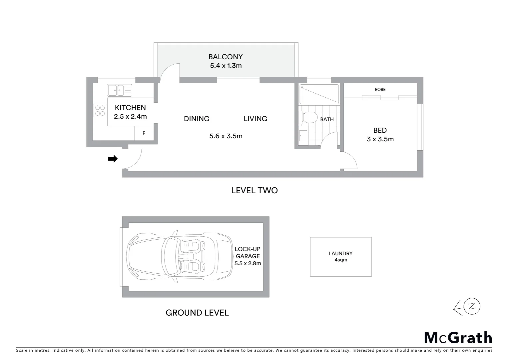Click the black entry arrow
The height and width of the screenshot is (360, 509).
tap(113, 159)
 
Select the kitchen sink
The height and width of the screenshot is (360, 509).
tap(119, 90)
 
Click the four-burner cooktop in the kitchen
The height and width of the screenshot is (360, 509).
tap(100, 110)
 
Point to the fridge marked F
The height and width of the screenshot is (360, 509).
tap(144, 133)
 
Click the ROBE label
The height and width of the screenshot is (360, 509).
tap(380, 89)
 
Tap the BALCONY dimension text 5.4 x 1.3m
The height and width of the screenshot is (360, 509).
tap(226, 66)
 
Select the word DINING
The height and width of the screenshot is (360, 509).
tap(197, 119)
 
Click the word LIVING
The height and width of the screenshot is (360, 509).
tap(255, 119)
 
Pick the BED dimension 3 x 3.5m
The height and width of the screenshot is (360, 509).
tap(380, 139)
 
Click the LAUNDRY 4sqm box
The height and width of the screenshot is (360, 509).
tap(340, 257)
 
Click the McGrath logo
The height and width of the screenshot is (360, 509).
tap(458, 338)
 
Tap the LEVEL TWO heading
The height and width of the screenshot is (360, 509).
tap(254, 190)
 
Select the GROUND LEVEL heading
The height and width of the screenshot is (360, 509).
tap(197, 313)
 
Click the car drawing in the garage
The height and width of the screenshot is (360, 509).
tap(180, 257)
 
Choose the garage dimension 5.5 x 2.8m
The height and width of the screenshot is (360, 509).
tap(248, 263)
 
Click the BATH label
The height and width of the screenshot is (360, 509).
tap(327, 119)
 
